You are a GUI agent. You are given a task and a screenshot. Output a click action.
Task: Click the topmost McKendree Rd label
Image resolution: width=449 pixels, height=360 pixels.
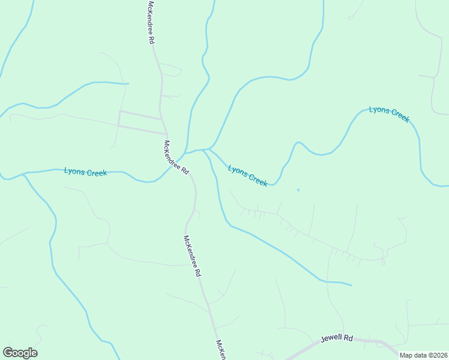point(151,22)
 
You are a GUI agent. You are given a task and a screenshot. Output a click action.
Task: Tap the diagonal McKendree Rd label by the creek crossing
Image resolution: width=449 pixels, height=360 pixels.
point(176,156)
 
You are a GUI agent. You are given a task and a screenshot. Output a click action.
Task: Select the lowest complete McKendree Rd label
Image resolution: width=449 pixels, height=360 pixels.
point(192,255)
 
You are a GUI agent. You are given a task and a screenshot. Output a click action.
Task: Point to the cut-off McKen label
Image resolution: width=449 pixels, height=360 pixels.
point(220,349)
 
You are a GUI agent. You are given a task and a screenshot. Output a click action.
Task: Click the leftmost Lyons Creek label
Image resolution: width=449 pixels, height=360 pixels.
point(85,172)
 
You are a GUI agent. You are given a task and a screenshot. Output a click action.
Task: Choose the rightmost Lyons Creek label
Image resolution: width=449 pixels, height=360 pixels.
point(389,114)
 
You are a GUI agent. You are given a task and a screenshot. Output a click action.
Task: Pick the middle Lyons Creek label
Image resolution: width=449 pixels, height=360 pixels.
point(247,176)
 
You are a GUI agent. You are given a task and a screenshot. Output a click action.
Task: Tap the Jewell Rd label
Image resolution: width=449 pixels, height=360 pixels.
point(337,338)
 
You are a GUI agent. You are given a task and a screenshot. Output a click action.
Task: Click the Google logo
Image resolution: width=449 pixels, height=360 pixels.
point(20,353)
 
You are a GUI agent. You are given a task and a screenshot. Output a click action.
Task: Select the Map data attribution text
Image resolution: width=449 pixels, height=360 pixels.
point(423,355)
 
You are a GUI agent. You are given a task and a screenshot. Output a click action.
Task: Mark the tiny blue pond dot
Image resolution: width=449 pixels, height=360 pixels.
point(298,190)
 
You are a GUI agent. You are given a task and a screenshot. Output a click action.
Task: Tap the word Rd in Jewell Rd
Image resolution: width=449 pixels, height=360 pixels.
point(348,338)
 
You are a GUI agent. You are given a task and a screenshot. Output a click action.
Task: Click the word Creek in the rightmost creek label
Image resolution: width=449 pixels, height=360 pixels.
point(399,116)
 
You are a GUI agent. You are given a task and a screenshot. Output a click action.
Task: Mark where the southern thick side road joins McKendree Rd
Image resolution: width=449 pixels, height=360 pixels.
point(166,134)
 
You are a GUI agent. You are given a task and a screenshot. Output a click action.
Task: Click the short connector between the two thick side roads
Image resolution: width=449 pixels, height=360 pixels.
point(119,119)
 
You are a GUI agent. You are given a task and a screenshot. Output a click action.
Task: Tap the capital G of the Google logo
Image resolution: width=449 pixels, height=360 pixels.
point(8,353)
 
